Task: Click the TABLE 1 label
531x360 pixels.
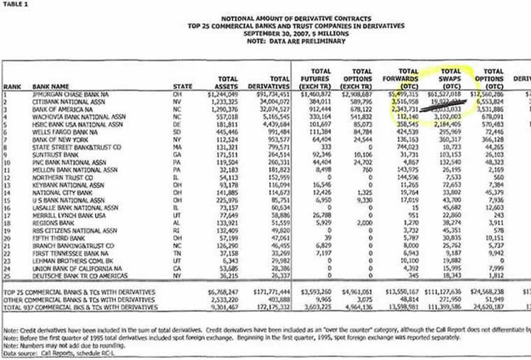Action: pos(16,3)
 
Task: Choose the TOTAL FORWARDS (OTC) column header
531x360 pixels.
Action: pos(407,78)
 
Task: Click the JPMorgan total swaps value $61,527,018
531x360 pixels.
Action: pos(457,92)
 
